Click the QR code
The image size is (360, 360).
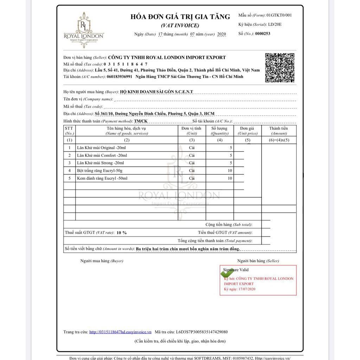coord(279,67)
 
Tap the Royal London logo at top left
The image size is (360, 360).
coord(84,30)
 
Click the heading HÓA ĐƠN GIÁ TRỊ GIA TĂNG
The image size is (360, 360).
coord(180,17)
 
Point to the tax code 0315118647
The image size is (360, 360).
coord(126,64)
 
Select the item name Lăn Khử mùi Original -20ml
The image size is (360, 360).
coord(97,148)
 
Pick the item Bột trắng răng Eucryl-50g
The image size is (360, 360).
coord(99,171)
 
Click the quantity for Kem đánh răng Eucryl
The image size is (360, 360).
coord(230,179)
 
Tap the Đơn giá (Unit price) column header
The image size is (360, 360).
coord(247,131)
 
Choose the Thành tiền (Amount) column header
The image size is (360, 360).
coord(279,131)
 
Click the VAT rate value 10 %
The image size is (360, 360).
coord(122,233)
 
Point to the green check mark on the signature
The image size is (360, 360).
coord(227,273)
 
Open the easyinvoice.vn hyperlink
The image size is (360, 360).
coord(120,332)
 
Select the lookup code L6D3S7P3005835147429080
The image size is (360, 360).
coord(202,332)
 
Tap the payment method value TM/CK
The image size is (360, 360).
coord(141,121)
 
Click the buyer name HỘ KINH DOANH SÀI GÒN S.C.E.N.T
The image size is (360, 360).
coord(156,92)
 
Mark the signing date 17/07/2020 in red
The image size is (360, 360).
coord(247,289)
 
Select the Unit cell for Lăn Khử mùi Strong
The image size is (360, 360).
coord(192,163)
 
